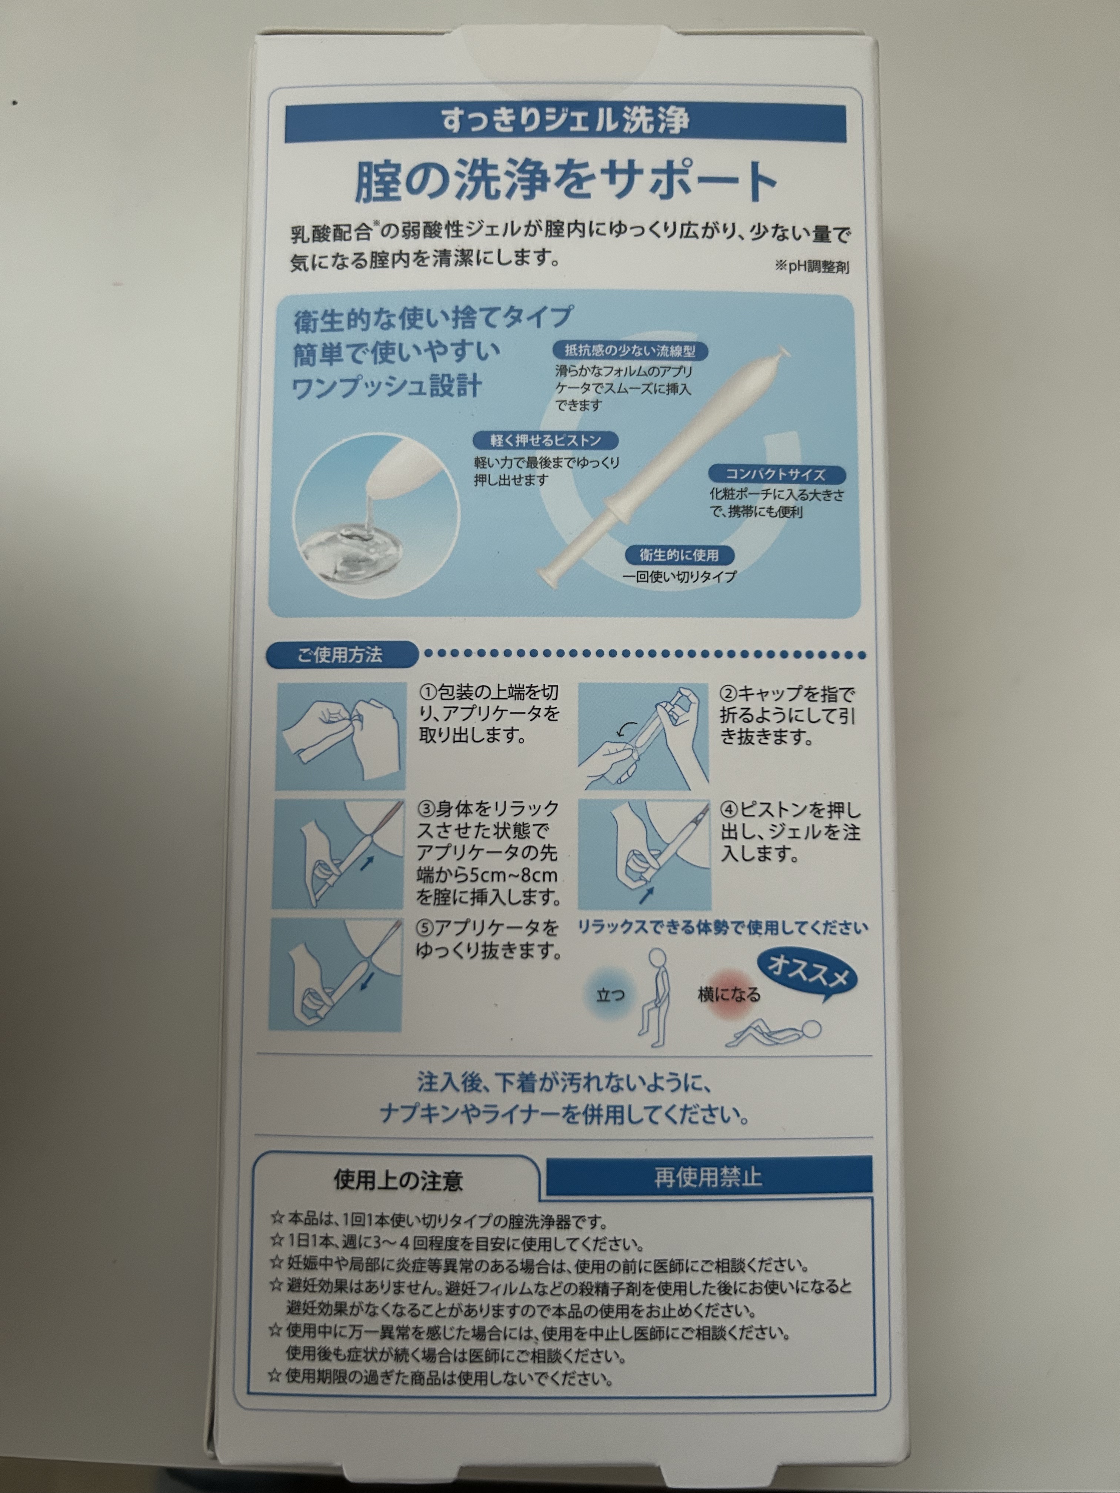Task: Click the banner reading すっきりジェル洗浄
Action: coord(565,123)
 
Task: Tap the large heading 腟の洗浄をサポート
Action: coord(566,181)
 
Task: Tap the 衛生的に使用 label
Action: coord(679,555)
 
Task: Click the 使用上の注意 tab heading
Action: coord(398,1180)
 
